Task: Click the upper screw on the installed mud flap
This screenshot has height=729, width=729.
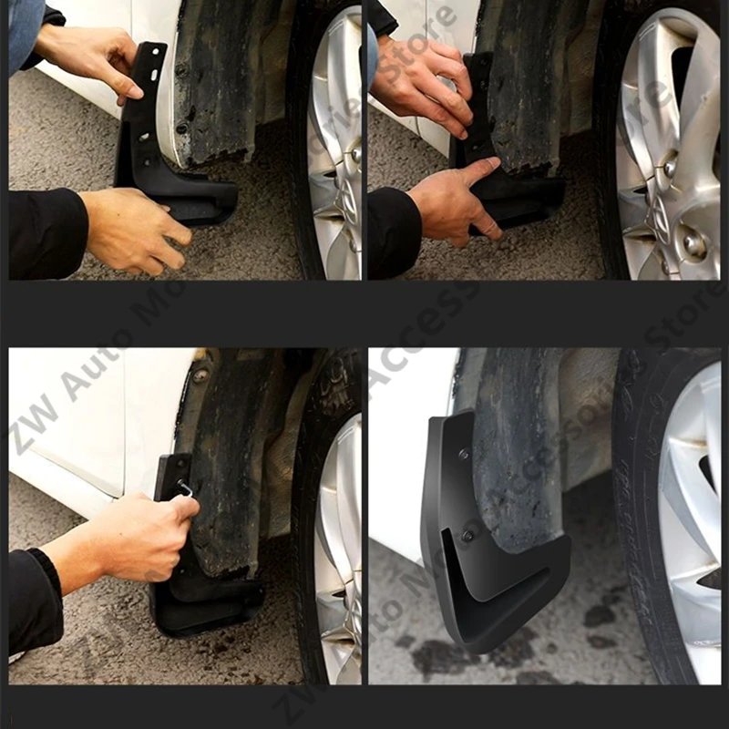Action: tap(464, 453)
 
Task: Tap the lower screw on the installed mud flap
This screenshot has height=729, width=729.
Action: tap(466, 535)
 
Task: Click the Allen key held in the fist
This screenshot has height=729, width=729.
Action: tap(186, 489)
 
